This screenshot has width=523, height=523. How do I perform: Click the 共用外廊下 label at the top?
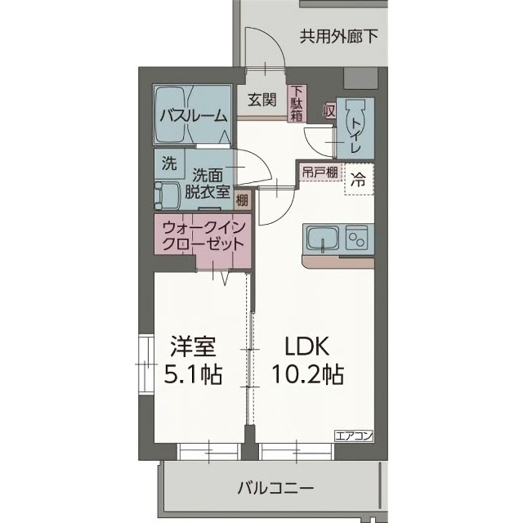tap(332, 36)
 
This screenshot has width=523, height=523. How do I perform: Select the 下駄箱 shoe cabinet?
tap(296, 104)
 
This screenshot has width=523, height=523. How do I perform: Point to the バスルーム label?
tap(192, 115)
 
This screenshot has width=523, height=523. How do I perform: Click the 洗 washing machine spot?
tap(168, 163)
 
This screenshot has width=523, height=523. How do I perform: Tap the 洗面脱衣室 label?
tap(208, 184)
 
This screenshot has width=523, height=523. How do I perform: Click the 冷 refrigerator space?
tap(358, 180)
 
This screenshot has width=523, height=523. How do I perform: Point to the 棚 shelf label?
tap(243, 199)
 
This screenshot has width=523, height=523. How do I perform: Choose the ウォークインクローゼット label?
tap(202, 235)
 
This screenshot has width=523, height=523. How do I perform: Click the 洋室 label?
tap(193, 346)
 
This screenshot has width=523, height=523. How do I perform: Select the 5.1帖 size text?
tap(193, 374)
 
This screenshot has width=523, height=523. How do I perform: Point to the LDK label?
tap(302, 346)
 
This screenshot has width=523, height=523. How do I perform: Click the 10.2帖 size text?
tap(306, 374)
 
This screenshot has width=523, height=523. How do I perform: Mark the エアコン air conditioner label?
tap(352, 435)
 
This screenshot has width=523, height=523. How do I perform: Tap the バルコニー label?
tap(275, 489)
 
